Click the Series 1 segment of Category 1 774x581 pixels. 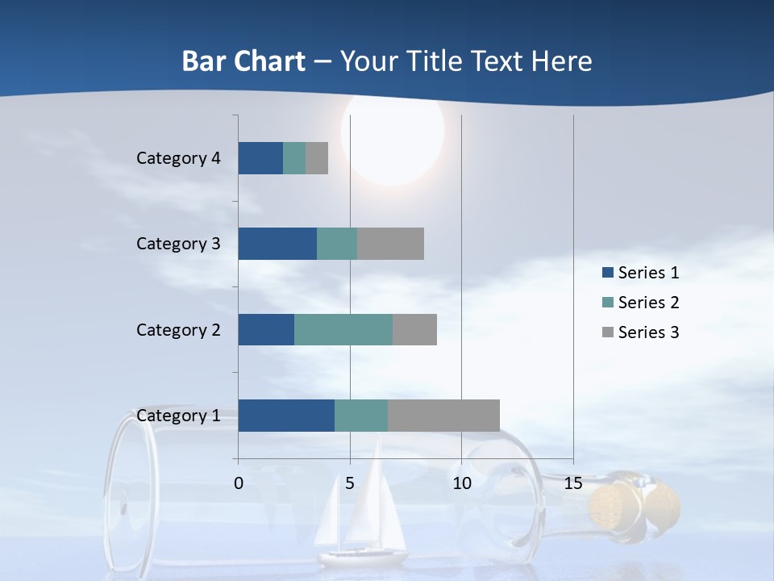(286, 416)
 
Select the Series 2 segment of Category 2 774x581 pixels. (343, 329)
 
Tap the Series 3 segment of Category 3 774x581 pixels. (390, 244)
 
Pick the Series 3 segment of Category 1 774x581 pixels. (443, 416)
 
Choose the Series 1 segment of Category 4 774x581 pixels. (260, 158)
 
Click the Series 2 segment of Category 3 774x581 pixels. (337, 244)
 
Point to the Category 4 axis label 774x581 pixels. (178, 158)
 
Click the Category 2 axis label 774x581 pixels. (178, 329)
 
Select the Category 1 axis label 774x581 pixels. (178, 416)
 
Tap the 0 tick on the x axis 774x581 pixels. (239, 483)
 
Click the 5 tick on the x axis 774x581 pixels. (350, 483)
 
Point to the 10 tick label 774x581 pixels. (461, 483)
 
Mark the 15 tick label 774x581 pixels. (572, 483)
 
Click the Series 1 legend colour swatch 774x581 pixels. (608, 273)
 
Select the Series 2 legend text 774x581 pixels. (648, 303)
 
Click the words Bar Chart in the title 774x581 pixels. (243, 61)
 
